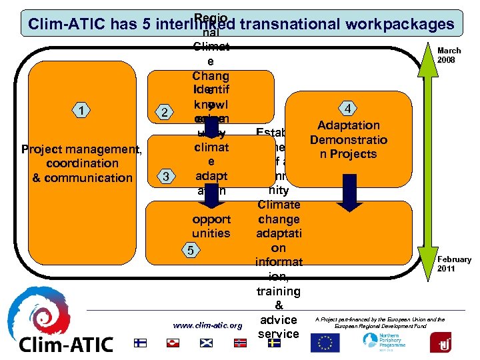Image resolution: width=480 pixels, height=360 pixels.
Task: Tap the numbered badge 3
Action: pos(165,177)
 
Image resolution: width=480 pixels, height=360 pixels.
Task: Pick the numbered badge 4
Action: pos(347,109)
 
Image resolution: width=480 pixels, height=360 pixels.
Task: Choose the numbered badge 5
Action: pos(191,251)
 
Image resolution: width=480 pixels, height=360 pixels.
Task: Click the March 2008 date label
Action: pos(449,55)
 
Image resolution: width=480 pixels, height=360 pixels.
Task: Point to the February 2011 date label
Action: pos(454,263)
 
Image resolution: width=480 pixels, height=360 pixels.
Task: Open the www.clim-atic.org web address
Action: pos(207,325)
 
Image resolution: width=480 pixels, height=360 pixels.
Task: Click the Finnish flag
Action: pos(140,343)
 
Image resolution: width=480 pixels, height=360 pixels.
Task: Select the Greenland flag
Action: pos(173,343)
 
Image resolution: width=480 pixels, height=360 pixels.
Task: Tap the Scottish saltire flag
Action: pos(207,343)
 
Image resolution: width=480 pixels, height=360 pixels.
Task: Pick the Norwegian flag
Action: pos(240,343)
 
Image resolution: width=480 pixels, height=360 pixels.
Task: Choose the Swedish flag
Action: pos(273,343)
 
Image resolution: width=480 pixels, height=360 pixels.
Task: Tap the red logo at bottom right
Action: pos(441,342)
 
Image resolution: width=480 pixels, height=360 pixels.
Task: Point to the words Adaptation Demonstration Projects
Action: pos(349,139)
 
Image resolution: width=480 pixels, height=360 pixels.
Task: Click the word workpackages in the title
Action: pos(400,24)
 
